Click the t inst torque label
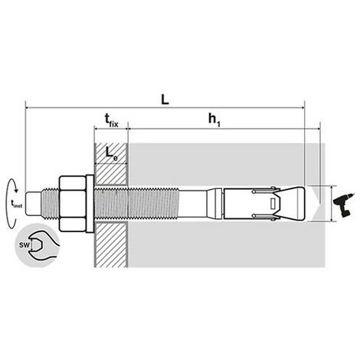pos(18,203)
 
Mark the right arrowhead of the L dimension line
pos(302,106)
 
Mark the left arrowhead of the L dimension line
pos(28,106)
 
